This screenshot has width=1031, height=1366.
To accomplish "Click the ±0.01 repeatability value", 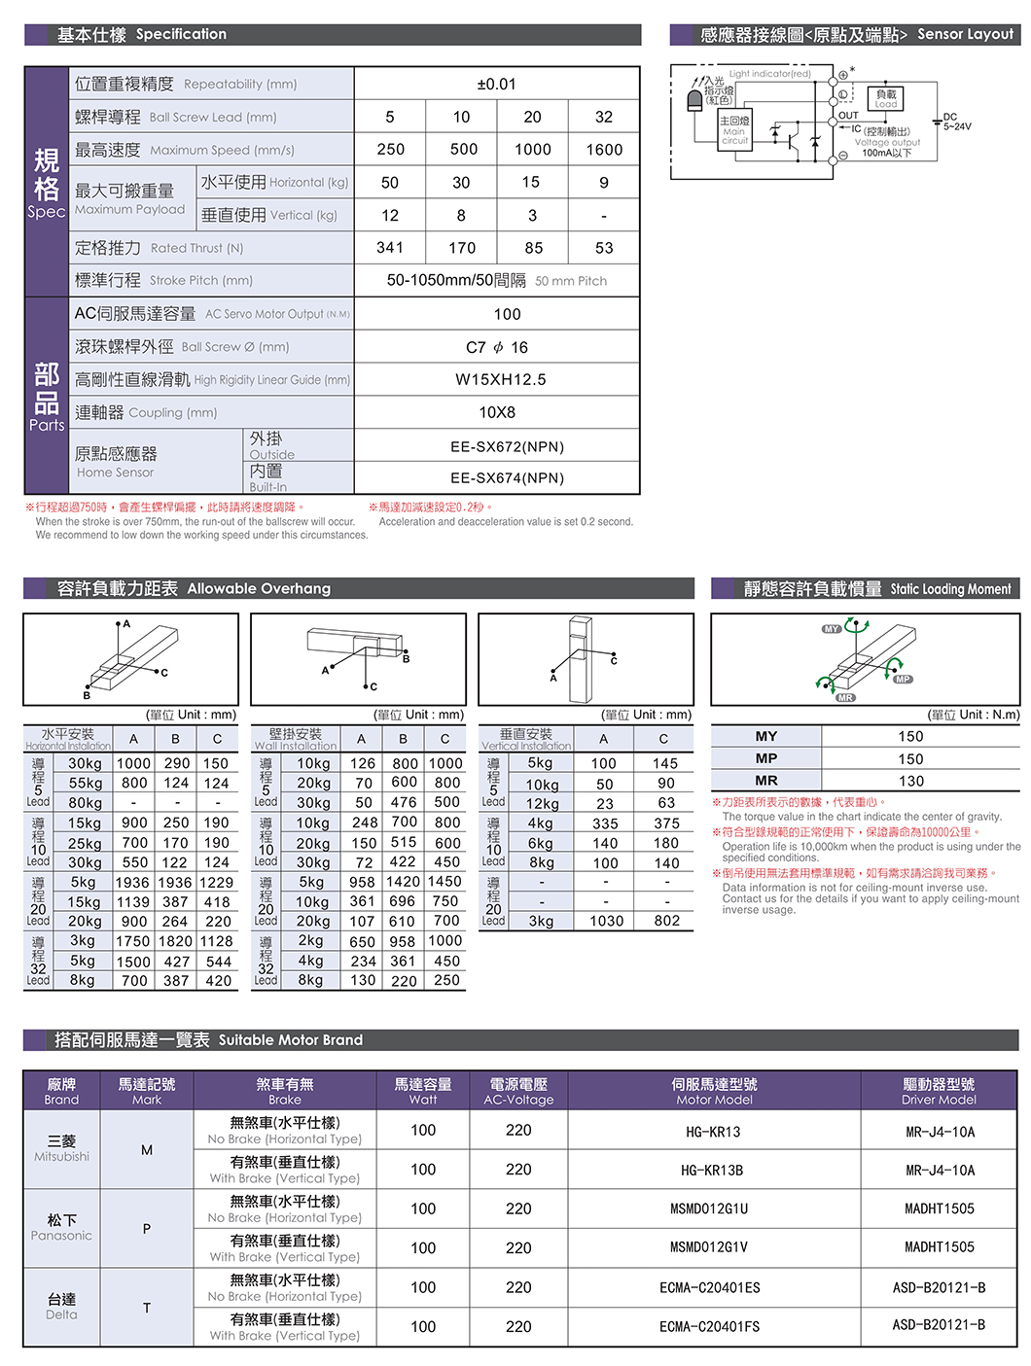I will [496, 85].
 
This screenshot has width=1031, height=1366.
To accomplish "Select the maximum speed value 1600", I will [604, 150].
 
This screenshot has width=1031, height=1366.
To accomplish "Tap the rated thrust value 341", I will [390, 248].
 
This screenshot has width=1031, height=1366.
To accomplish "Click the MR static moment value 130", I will [910, 781].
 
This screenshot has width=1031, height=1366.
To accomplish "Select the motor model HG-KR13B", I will [714, 1171].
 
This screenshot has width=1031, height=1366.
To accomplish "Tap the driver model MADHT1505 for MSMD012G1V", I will [939, 1247].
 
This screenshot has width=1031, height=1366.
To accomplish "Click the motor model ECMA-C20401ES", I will [709, 1288].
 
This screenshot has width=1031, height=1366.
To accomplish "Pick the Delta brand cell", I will [61, 1307].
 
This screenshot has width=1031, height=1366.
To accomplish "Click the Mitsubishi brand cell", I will [61, 1148].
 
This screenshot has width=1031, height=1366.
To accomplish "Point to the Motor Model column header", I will [714, 1091].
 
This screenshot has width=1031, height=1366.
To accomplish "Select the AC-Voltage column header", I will [518, 1091].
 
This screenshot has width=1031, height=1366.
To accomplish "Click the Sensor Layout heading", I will [964, 34].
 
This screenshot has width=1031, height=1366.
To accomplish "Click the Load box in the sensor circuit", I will [885, 97].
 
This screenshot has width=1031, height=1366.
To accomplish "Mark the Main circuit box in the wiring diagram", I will [734, 130].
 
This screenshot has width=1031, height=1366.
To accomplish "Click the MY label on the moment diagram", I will [831, 629].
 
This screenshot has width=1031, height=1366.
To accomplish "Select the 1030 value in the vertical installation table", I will [606, 921].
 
